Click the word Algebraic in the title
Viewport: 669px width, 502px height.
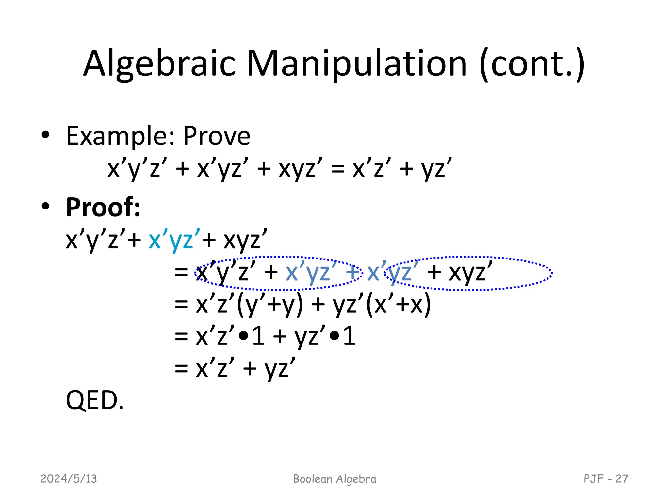coord(159,64)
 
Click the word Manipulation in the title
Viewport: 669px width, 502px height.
coord(357,64)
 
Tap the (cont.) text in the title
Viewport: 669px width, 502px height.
coord(532,64)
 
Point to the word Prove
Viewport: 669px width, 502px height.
coord(217,136)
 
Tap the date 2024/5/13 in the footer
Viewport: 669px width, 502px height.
coord(69,479)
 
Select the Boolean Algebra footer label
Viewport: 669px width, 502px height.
coord(334,479)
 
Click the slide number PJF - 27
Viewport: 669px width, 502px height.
coord(606,479)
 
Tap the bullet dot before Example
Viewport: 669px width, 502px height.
coord(45,135)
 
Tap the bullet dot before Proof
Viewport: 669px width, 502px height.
coord(45,206)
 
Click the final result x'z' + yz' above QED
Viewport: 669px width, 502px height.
coord(245,369)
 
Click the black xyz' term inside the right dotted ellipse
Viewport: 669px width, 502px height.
coord(471,272)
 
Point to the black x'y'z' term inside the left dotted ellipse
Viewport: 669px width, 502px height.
coord(225,272)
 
